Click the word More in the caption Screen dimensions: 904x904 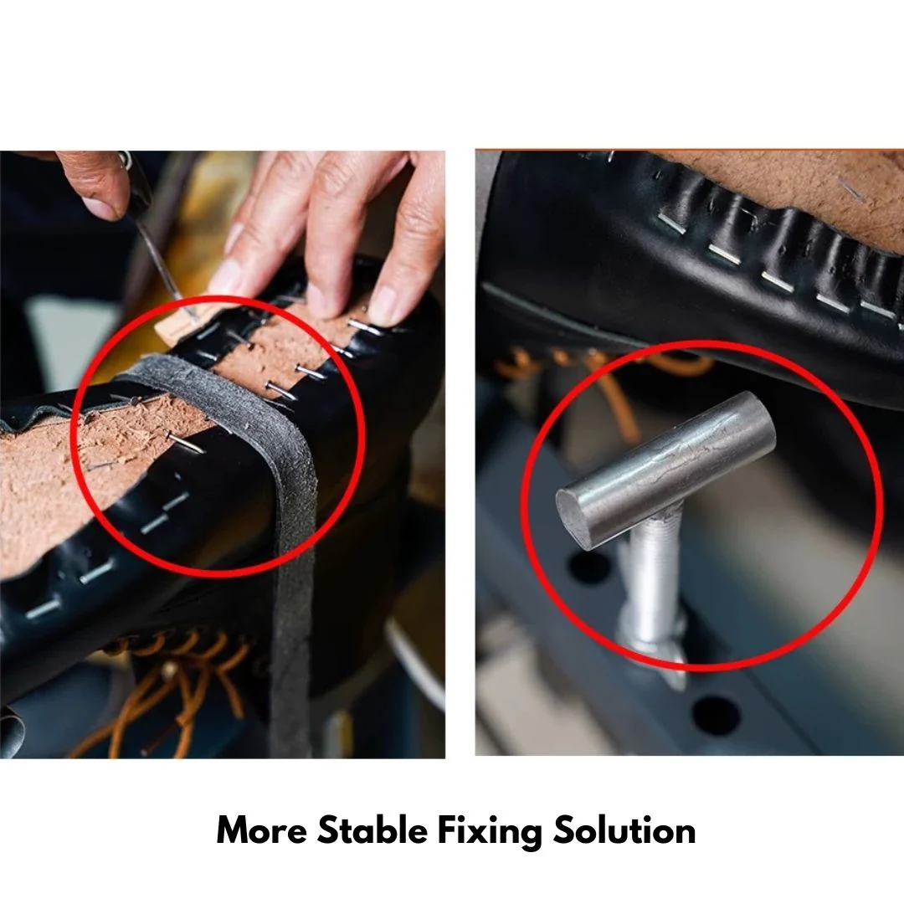tap(262, 831)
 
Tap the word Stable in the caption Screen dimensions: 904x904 tap(372, 830)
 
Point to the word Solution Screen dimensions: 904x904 tap(624, 830)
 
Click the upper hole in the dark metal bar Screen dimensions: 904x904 tap(589, 566)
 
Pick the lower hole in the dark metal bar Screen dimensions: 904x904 tap(715, 715)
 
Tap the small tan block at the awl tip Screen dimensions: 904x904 tap(176, 326)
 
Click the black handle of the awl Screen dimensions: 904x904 tap(136, 190)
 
